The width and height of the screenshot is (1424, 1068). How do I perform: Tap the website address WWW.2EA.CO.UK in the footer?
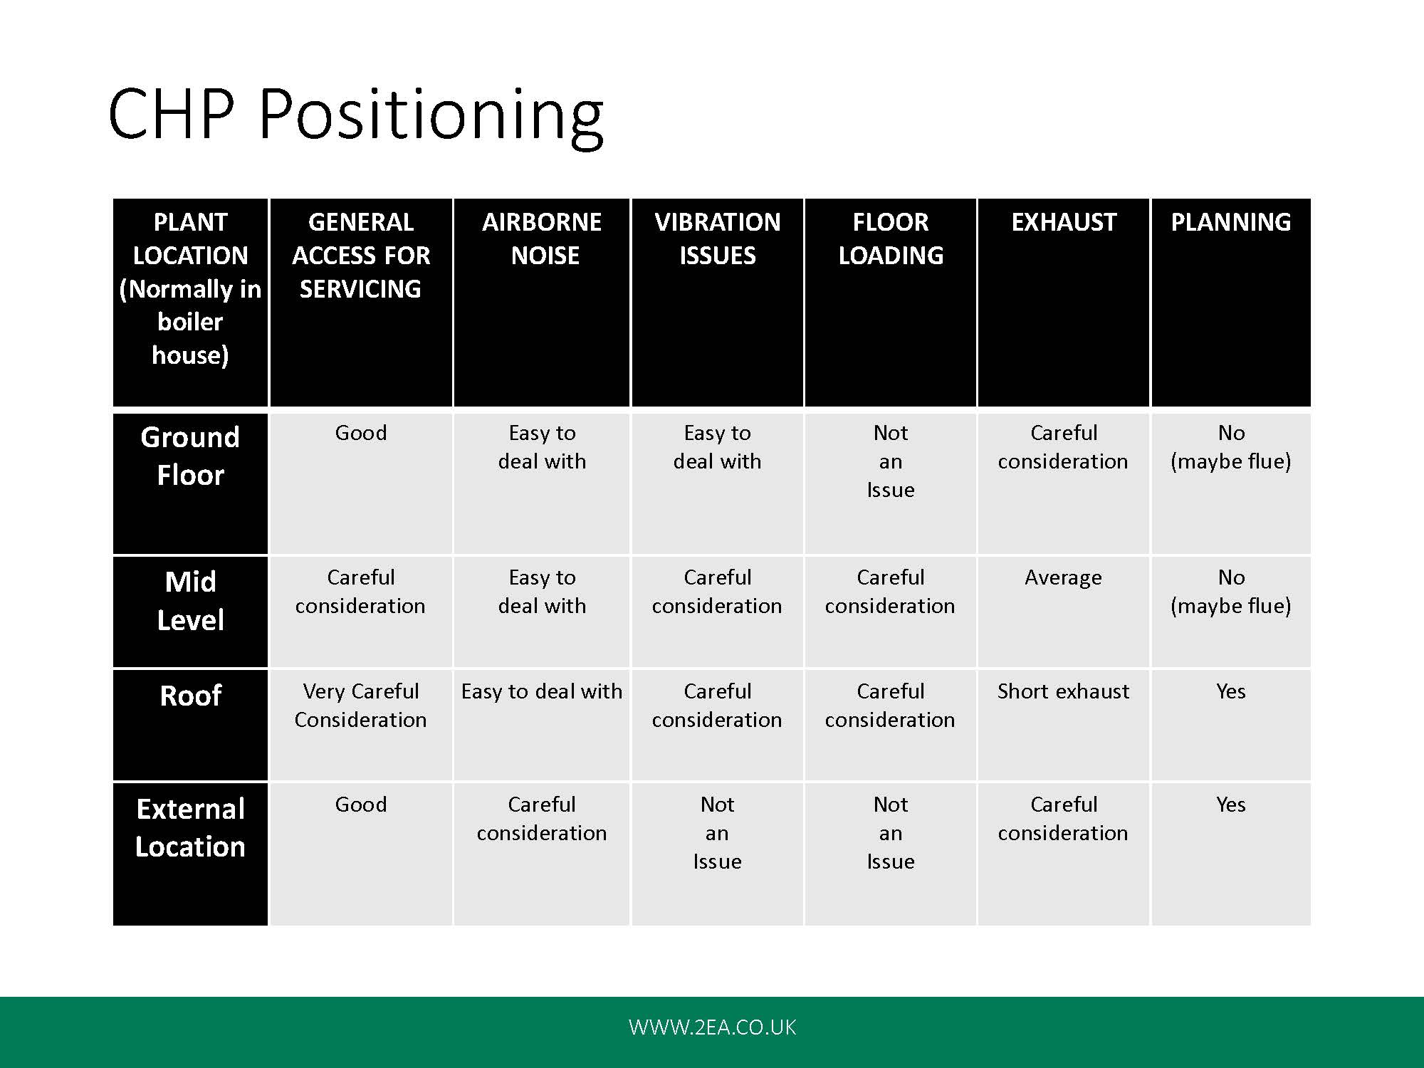712,1027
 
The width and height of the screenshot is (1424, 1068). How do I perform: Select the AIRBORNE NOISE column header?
543,239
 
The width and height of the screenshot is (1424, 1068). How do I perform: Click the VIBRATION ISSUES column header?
718,239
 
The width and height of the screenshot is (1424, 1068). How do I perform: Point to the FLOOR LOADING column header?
891,239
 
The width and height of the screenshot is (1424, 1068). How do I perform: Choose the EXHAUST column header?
1064,222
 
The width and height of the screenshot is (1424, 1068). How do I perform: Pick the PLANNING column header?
1231,222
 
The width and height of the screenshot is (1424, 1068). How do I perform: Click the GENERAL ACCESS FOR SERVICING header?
361,255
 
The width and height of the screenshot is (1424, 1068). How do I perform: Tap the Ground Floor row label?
190,456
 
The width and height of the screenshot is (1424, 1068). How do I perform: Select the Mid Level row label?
190,601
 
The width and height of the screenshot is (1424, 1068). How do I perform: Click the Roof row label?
190,696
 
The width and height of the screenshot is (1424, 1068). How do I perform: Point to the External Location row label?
190,827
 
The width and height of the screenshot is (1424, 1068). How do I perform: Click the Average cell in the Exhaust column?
1063,577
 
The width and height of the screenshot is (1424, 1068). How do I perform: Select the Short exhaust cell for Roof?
1063,691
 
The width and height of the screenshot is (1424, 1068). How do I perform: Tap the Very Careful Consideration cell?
361,705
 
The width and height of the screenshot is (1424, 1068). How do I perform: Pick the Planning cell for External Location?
1231,805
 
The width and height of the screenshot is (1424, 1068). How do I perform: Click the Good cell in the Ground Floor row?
361,433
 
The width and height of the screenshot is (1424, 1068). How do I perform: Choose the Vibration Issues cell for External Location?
718,833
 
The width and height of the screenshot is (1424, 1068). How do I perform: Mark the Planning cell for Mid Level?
1231,592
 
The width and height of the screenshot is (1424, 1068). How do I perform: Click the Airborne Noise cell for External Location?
542,819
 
